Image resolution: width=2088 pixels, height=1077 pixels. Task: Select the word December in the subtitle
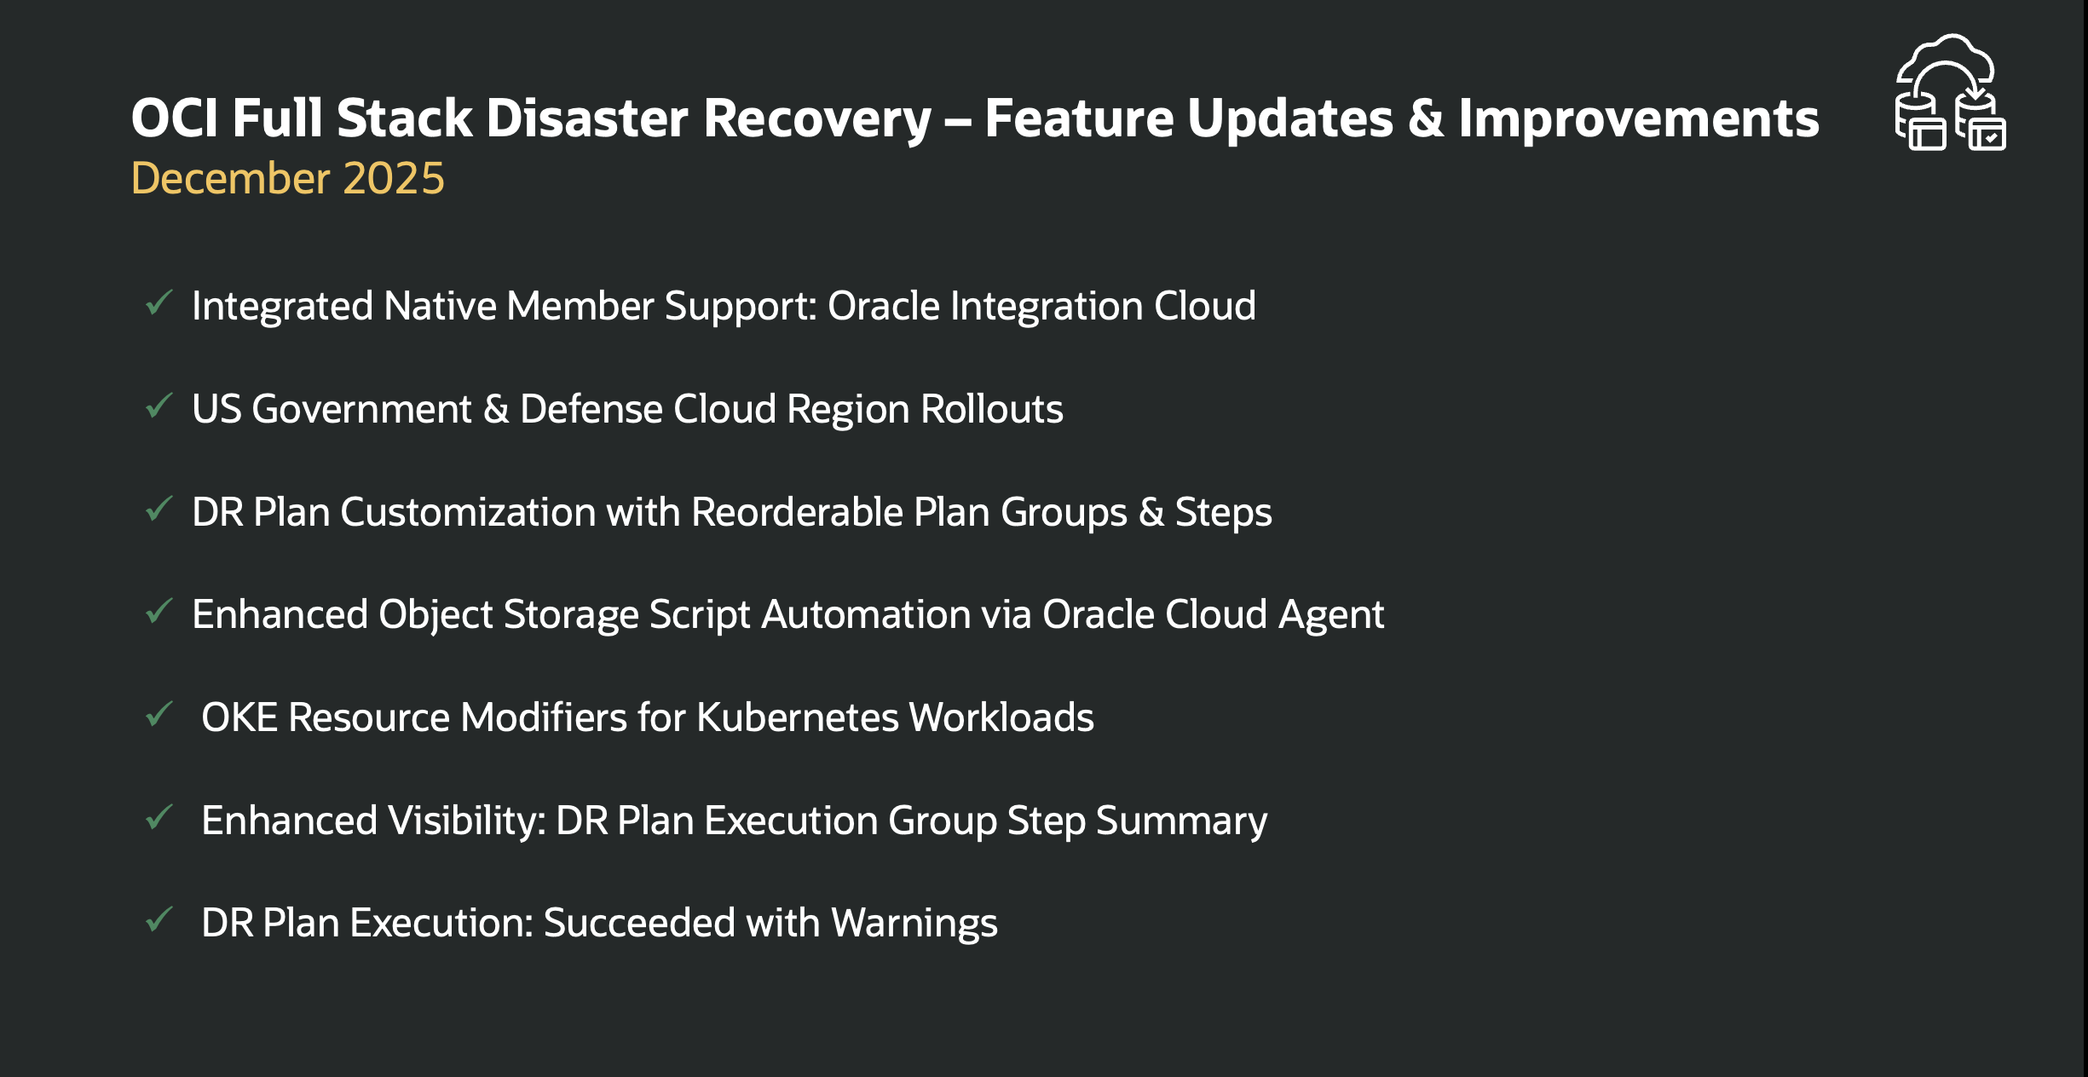(x=230, y=178)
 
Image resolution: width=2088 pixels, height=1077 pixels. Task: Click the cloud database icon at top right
(x=1950, y=93)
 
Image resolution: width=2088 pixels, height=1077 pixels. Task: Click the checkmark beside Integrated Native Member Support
(x=159, y=303)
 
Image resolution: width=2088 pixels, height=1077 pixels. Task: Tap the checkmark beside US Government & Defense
(x=159, y=406)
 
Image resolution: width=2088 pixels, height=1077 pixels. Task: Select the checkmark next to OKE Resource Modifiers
(x=159, y=715)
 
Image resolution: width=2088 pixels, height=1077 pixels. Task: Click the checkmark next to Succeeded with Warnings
(x=159, y=920)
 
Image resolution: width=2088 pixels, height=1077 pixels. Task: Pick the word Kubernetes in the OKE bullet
(x=797, y=717)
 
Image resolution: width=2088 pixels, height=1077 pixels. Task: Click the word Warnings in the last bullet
(x=914, y=923)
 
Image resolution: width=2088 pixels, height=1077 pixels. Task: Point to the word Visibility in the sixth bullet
(x=466, y=821)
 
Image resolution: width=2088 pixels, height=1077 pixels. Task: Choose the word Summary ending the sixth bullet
(x=1181, y=821)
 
